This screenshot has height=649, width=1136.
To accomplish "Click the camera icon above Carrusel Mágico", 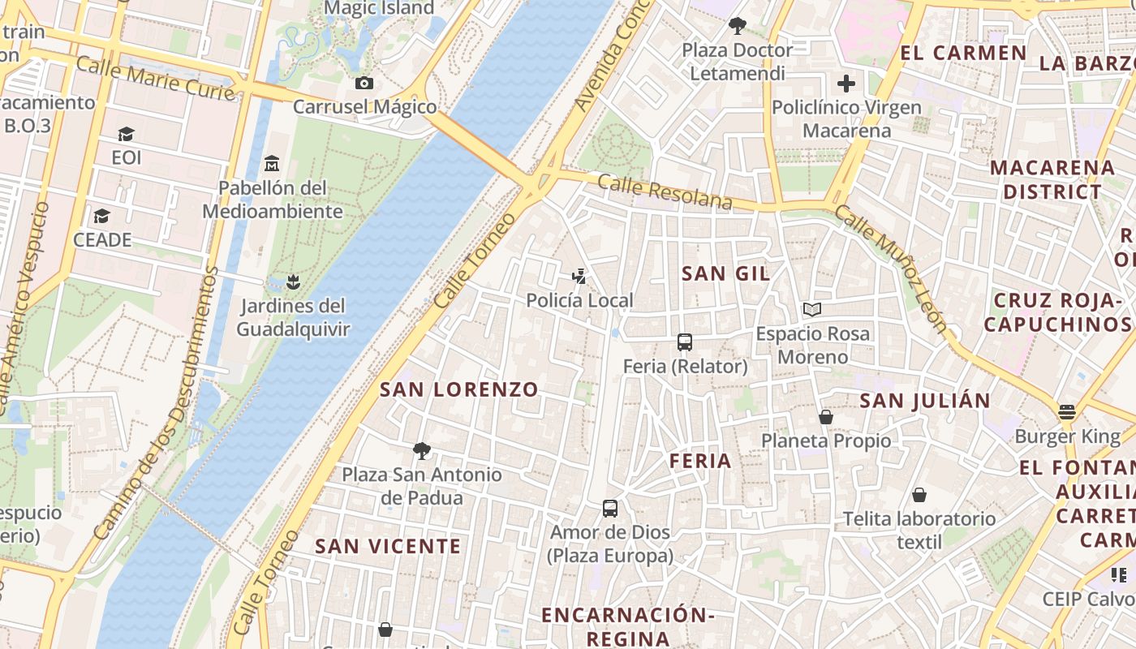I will click(x=364, y=83).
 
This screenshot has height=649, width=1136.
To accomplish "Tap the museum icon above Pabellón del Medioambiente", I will click(x=272, y=164).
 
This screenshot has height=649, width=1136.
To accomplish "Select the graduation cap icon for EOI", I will click(x=126, y=134).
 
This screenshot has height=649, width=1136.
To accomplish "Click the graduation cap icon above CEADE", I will click(x=101, y=216).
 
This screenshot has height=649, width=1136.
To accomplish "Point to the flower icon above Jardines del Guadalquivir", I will click(x=294, y=282).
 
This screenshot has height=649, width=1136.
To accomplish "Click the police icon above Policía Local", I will click(x=579, y=277).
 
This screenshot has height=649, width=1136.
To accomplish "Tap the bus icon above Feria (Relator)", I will click(x=685, y=342).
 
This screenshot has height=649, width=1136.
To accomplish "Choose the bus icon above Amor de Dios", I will click(x=610, y=509).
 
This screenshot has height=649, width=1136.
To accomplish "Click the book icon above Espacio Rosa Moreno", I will click(x=812, y=309).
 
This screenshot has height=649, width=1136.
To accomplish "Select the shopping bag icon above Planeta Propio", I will click(x=826, y=417).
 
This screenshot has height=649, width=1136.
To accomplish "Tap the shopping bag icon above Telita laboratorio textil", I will click(x=919, y=494).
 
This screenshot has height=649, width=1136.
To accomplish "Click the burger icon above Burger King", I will click(x=1067, y=412).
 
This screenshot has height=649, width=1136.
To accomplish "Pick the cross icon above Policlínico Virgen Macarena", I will click(x=846, y=84).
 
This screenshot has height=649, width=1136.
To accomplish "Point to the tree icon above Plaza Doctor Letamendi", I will click(x=737, y=26).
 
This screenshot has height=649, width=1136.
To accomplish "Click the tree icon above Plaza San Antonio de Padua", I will click(x=421, y=450).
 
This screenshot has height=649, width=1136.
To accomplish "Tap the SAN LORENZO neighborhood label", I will click(x=459, y=389).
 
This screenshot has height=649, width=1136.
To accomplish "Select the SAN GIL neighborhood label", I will click(x=726, y=273).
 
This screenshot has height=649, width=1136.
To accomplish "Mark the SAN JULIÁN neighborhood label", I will click(x=925, y=401).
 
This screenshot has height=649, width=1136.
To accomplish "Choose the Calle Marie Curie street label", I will click(x=155, y=79).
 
